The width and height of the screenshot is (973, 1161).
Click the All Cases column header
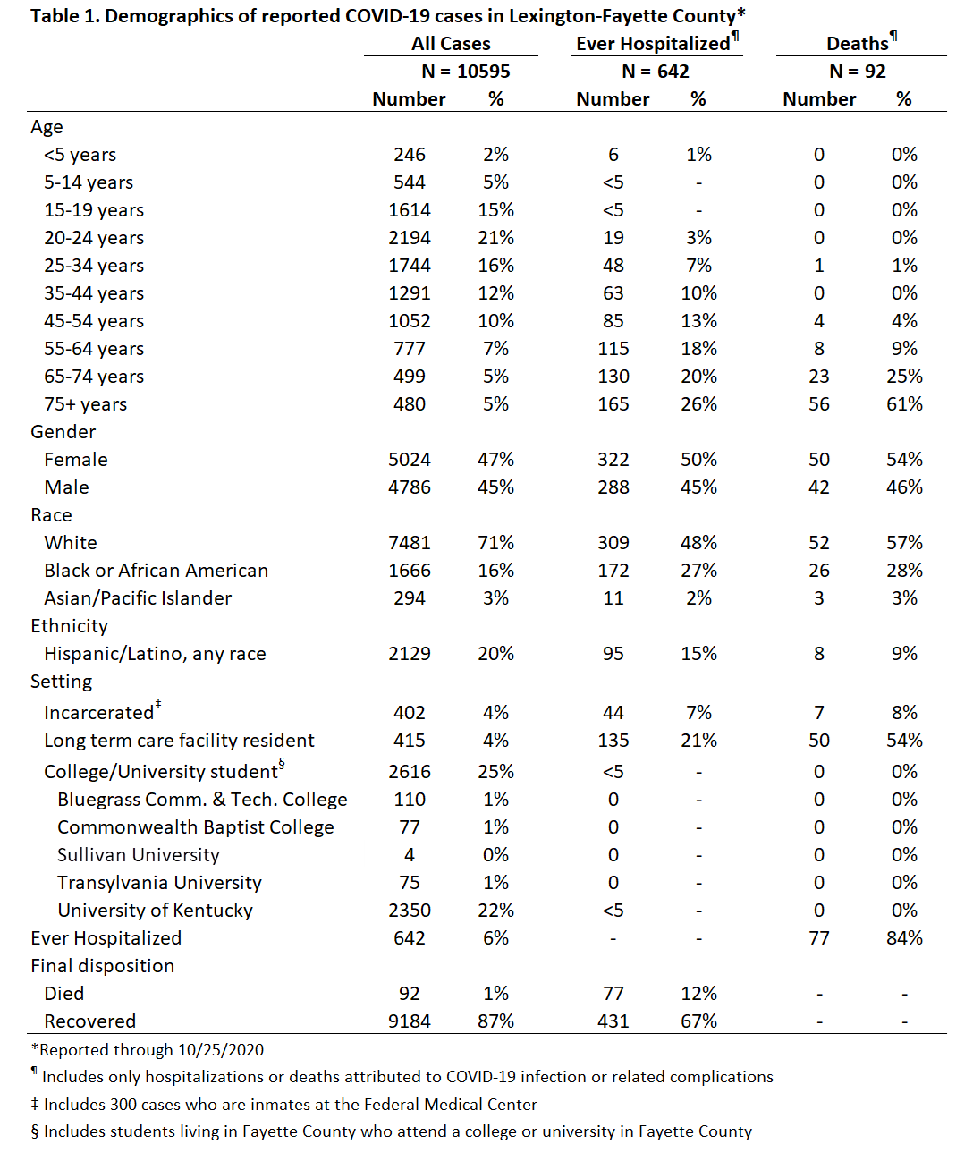coord(451,44)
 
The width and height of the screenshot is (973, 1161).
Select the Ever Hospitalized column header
coord(653,44)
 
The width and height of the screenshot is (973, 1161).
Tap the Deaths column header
coord(858,44)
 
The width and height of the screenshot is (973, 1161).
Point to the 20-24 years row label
coord(94,238)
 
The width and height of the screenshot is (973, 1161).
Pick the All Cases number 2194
coord(410,238)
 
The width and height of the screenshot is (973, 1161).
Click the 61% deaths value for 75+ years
coord(904,404)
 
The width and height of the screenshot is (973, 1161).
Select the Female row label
coord(76,460)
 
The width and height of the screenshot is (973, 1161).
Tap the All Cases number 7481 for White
coord(410,543)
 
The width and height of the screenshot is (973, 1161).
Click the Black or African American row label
coord(156,571)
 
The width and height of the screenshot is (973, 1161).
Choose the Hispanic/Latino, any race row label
coord(155,654)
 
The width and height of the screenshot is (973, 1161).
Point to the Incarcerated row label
coord(99,713)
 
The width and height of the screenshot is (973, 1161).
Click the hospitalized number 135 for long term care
coord(613,741)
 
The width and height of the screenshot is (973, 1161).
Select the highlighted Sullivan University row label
coord(139,855)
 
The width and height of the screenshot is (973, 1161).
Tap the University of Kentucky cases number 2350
coord(410,911)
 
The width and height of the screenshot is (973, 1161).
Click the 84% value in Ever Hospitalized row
coord(904,938)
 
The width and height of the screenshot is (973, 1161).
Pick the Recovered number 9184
coord(410,1021)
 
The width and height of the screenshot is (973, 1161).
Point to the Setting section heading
coord(61,682)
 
